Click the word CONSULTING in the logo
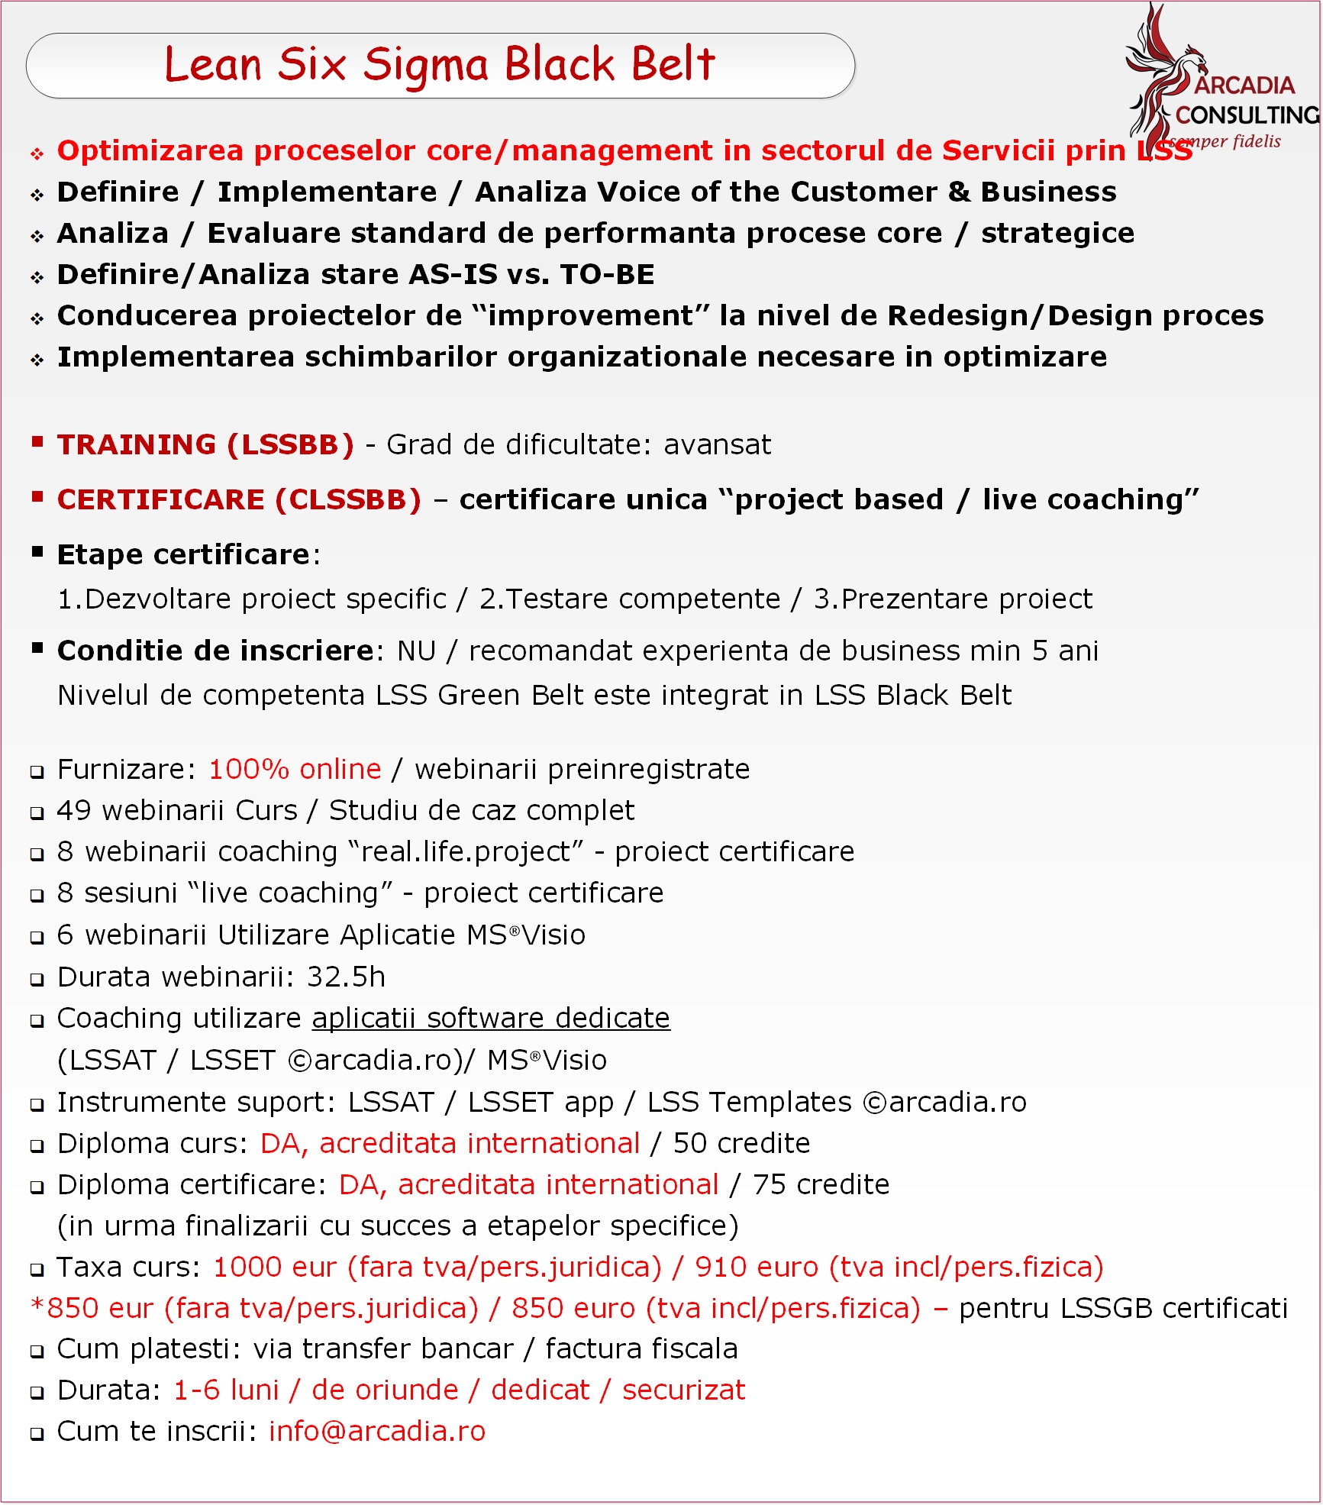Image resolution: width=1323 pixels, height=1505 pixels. click(1247, 115)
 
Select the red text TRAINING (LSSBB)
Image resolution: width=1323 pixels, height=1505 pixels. click(205, 444)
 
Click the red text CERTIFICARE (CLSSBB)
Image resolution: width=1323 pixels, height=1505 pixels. click(239, 499)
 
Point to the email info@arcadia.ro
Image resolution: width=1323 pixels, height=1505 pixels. click(377, 1431)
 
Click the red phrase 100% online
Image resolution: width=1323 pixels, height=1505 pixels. click(295, 769)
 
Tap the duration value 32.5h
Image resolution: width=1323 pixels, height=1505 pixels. click(346, 977)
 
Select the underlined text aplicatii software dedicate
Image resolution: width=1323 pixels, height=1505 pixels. click(491, 1019)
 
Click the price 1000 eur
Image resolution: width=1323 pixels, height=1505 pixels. click(274, 1267)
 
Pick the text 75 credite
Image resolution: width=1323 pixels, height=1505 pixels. click(821, 1184)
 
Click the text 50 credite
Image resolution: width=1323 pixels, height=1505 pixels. click(741, 1143)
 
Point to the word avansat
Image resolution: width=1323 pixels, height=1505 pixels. click(717, 444)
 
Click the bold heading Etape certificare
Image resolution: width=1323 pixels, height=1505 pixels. click(184, 554)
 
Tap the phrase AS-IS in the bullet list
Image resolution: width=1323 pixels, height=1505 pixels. click(453, 274)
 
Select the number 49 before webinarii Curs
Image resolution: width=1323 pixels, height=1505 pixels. click(74, 810)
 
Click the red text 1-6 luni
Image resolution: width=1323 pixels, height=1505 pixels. click(226, 1390)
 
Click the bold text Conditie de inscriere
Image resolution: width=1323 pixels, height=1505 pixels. click(215, 651)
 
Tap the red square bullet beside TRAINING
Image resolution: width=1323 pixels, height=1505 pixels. click(37, 441)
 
